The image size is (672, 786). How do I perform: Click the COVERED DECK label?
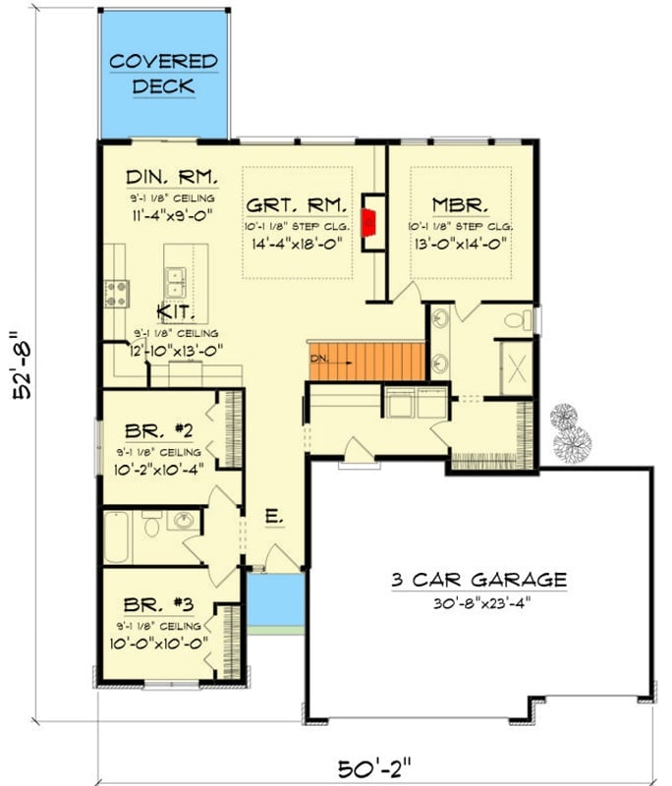pos(163,74)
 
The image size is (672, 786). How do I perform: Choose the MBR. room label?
pos(461,206)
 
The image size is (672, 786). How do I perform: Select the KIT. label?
pos(176,313)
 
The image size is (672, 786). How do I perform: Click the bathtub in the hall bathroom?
pos(119,536)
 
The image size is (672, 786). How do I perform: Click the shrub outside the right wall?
pos(569,433)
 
